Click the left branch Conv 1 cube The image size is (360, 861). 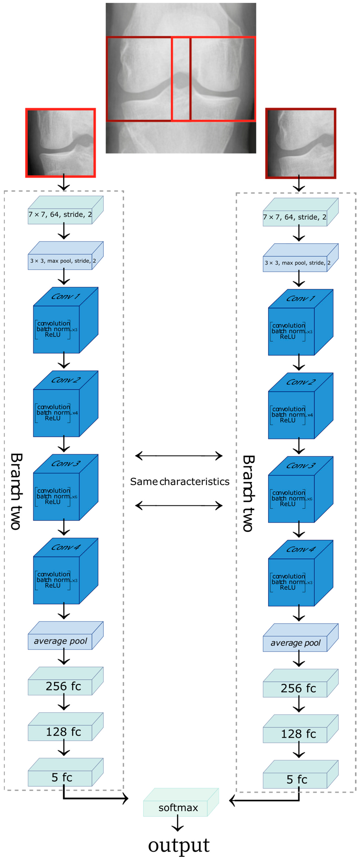[x=66, y=320]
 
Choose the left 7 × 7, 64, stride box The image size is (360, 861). [x=66, y=210]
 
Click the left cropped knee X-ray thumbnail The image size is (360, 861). [x=60, y=143]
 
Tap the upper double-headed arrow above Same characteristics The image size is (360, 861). [x=179, y=456]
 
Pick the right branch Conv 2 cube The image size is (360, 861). [x=301, y=406]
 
